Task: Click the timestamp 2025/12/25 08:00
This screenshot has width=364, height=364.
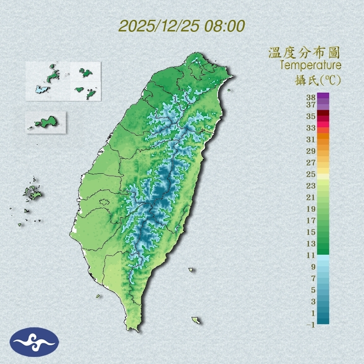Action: [x=182, y=26]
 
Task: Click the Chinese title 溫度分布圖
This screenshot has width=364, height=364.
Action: [x=304, y=53]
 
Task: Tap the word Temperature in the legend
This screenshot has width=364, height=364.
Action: [x=310, y=65]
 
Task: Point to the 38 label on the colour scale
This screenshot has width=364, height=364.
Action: [x=311, y=98]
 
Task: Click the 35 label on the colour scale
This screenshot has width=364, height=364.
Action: [x=311, y=116]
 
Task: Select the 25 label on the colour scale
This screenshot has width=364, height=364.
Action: [x=311, y=174]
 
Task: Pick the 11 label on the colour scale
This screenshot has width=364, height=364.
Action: [x=311, y=255]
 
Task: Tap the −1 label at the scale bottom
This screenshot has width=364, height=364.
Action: [x=311, y=325]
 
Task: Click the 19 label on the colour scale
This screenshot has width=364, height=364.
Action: [x=311, y=209]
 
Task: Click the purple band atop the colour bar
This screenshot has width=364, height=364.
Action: [x=323, y=96]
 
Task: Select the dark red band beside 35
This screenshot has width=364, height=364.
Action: [x=323, y=113]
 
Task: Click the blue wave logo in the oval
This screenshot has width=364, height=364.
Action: [x=34, y=342]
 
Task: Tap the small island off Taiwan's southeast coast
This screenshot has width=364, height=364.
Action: [x=196, y=320]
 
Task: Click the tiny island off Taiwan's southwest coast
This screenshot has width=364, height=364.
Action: [x=98, y=296]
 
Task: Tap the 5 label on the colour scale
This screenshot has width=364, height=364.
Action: [x=313, y=290]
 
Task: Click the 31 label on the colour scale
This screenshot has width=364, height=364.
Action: [x=311, y=139]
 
